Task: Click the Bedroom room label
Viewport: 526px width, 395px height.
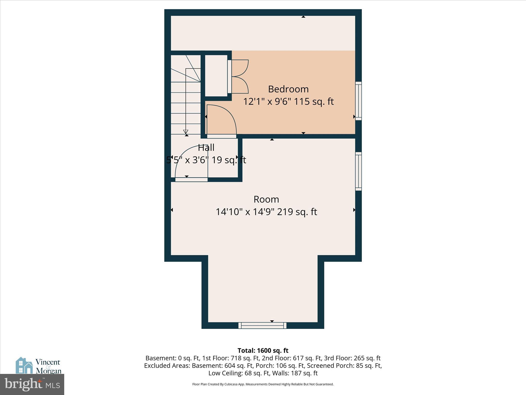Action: pos(288,89)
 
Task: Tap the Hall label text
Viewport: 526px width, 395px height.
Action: pos(206,148)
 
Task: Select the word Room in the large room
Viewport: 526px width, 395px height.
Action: pos(266,199)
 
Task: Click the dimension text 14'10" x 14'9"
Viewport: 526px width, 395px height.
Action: pos(245,212)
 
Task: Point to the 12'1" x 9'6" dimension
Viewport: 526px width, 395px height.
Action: pos(267,102)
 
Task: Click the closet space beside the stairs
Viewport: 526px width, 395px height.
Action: pos(216,76)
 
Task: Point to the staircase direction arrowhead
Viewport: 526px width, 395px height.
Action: pos(186,132)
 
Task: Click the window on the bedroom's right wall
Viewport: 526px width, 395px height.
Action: pos(358,101)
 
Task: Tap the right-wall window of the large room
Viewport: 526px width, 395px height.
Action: pos(358,171)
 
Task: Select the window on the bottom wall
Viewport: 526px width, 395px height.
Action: pos(262,326)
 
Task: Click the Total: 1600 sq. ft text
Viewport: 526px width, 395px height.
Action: pos(263,351)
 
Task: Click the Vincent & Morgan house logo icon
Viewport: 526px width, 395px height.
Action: pos(24,365)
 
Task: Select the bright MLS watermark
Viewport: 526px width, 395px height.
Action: pos(32,384)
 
